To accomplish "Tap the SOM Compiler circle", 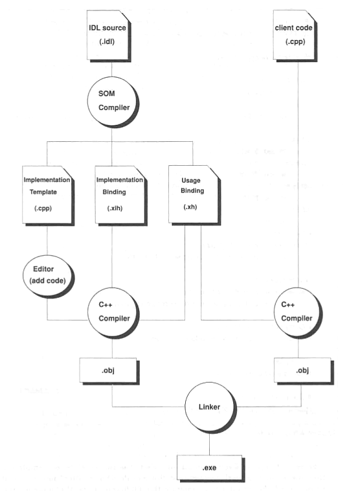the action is click(x=113, y=102).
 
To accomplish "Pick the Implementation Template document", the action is click(x=47, y=196).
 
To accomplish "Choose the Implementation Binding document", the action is click(x=120, y=196).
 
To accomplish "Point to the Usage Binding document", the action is click(x=194, y=195).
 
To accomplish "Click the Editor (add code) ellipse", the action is click(x=48, y=276).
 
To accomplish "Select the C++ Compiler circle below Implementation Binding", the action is click(x=113, y=313).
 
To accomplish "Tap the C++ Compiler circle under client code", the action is click(x=298, y=312).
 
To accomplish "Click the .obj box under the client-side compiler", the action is click(x=303, y=371).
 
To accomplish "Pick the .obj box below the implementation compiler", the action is click(x=109, y=371).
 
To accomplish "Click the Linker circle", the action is click(x=210, y=407).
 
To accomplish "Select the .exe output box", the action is click(x=210, y=468).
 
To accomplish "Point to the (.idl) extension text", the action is click(x=107, y=41).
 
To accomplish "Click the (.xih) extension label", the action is click(x=115, y=208).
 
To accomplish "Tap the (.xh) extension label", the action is click(x=190, y=207).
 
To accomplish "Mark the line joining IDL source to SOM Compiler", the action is click(x=112, y=69).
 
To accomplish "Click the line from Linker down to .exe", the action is click(x=209, y=444).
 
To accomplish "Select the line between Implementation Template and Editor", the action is click(x=47, y=240).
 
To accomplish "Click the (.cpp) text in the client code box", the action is click(x=295, y=41).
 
